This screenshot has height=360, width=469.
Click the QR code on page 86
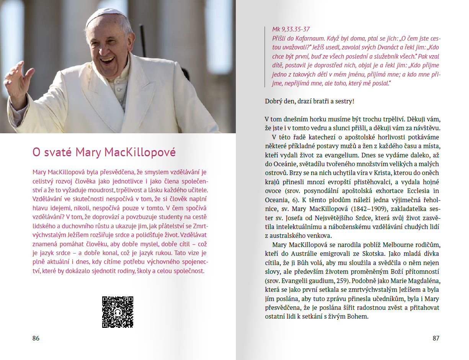pyautogui.click(x=118, y=312)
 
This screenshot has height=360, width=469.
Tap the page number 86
pyautogui.click(x=36, y=339)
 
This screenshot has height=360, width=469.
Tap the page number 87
pyautogui.click(x=436, y=339)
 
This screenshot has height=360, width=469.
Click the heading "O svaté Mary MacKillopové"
pyautogui.click(x=104, y=152)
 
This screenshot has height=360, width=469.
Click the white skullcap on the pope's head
pyautogui.click(x=106, y=14)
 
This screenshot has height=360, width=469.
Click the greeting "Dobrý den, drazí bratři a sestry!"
pyautogui.click(x=309, y=101)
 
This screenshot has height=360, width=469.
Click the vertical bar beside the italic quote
pyautogui.click(x=265, y=56)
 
